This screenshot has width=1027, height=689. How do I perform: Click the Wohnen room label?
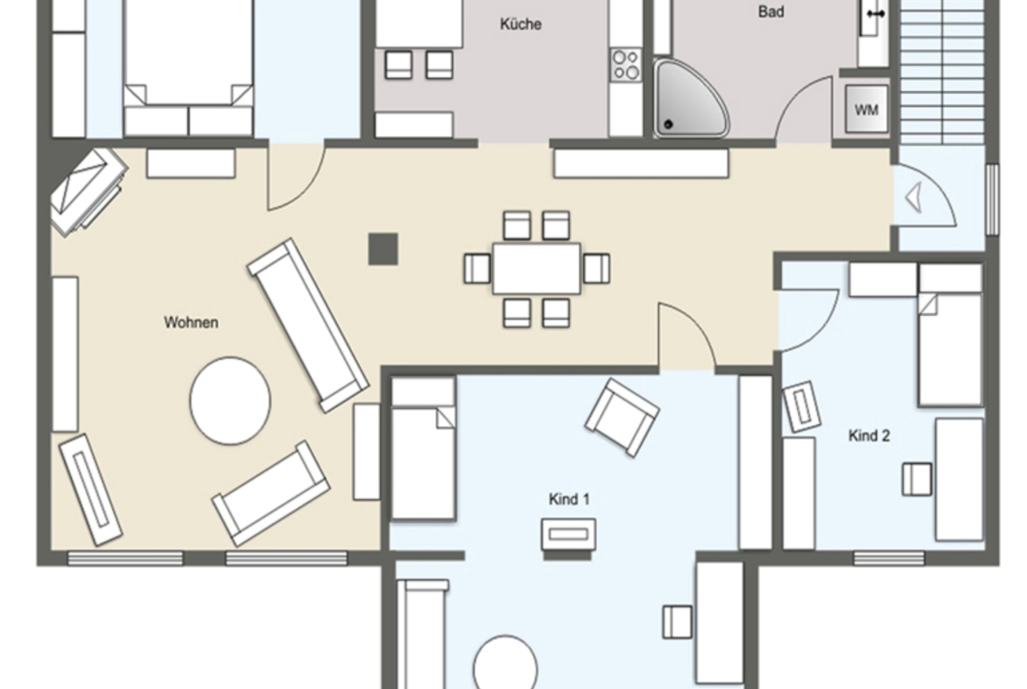190,322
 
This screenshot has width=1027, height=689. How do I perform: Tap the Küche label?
521,25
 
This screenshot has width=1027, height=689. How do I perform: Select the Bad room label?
771,11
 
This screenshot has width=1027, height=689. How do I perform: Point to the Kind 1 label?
569,499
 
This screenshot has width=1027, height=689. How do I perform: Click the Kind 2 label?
869,435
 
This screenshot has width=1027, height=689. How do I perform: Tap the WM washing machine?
865,110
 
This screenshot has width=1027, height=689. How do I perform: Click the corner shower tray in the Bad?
690,97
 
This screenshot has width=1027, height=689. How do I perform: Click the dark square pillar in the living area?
384,249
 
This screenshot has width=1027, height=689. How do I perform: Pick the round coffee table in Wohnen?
230,401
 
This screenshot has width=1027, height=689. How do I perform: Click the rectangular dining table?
536,269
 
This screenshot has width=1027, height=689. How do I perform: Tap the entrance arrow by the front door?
914,197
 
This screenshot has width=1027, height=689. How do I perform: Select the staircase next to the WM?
942,72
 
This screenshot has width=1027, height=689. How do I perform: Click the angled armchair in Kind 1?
621,417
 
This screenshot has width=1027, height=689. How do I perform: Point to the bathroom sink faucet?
876,13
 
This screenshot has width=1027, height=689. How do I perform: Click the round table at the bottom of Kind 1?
505,663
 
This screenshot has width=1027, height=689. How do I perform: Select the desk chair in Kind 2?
917,478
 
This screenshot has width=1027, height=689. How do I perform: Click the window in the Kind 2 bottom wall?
889,558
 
